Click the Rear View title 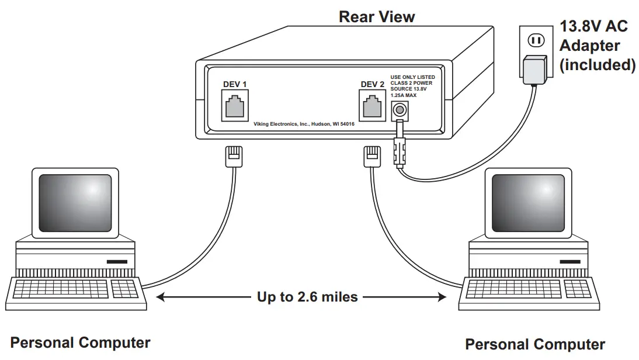pos(377,16)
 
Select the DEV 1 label pos(235,84)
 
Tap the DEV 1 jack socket pos(235,106)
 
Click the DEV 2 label pos(373,84)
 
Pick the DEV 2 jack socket pos(373,106)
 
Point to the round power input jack pos(400,109)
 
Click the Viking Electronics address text pos(304,124)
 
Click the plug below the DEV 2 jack pos(372,156)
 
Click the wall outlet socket pos(536,40)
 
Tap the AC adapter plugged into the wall pos(534,69)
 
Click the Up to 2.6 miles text pos(307,297)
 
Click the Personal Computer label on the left pos(80,343)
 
